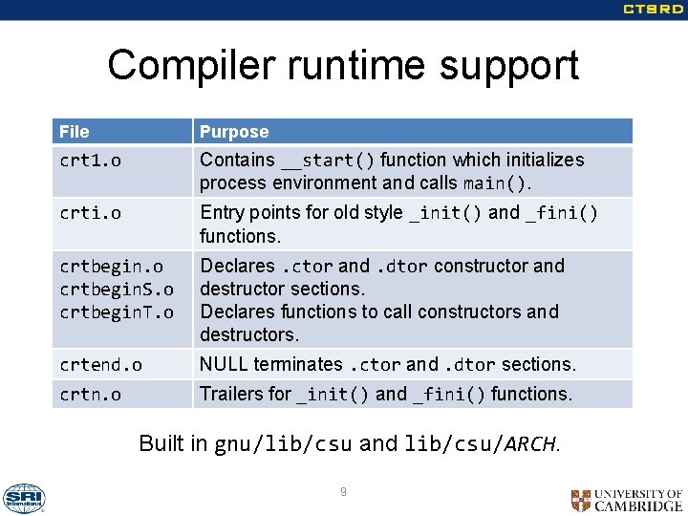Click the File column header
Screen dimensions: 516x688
click(75, 132)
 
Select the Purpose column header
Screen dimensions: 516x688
click(234, 132)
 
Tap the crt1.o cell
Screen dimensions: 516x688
click(91, 161)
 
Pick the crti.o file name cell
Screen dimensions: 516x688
click(91, 213)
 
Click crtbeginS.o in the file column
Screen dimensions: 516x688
click(117, 289)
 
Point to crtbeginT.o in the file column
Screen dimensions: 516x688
click(117, 312)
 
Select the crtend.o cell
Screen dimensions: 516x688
click(100, 364)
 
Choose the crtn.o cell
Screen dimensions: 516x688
click(91, 394)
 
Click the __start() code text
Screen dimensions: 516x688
click(327, 160)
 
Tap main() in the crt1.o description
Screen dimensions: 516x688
click(495, 183)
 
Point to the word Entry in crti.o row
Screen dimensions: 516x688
click(222, 212)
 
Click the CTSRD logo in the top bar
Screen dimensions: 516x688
click(653, 10)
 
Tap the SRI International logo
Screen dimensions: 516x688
click(23, 498)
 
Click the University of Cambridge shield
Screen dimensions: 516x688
click(580, 500)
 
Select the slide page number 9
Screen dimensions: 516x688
click(343, 492)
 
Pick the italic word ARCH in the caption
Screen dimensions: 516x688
click(529, 443)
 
